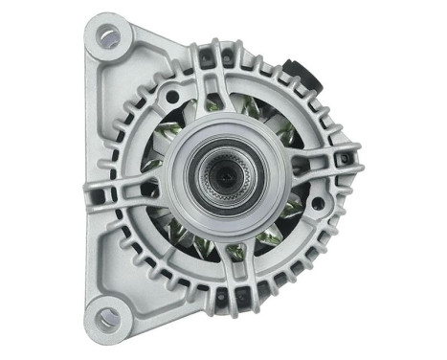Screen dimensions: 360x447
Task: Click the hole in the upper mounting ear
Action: point(107,38)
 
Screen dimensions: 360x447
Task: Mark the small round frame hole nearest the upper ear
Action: point(171,96)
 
